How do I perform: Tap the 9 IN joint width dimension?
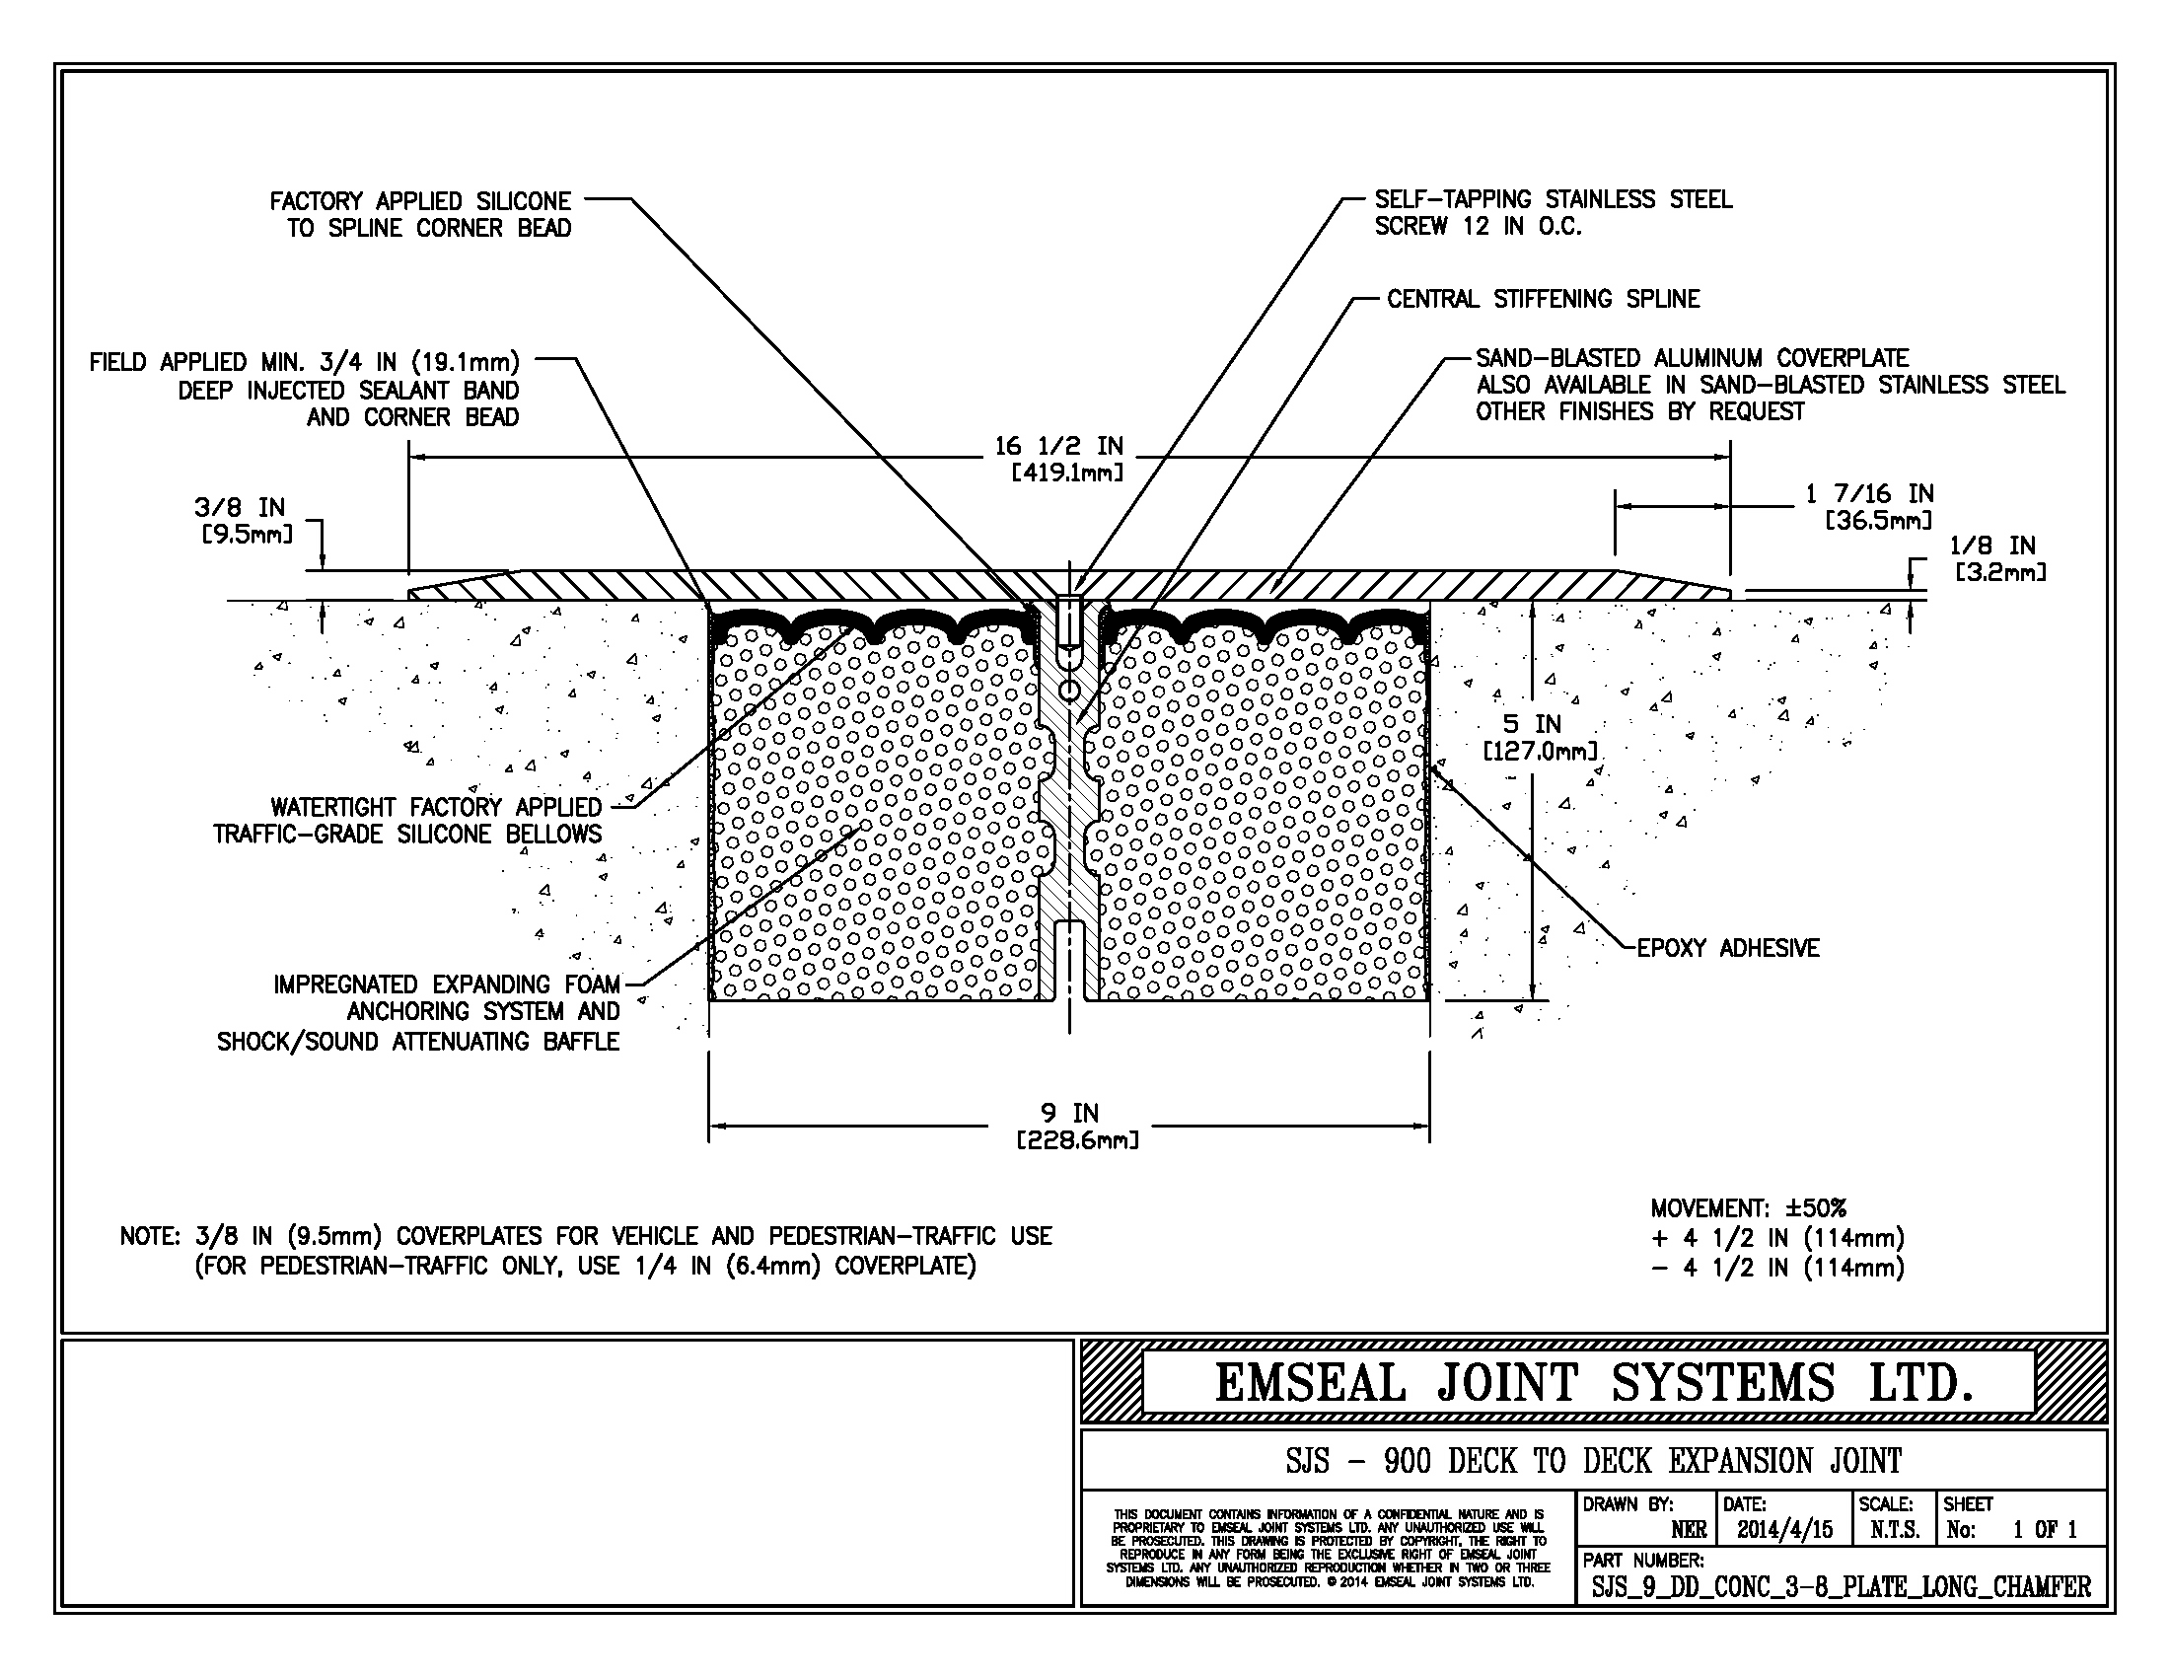1069,1114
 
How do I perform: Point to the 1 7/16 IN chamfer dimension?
1869,495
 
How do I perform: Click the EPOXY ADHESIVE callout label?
1728,948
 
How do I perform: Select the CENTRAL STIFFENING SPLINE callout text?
1543,299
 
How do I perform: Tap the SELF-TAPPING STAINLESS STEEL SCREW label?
1553,213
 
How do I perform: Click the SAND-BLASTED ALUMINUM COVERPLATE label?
1691,359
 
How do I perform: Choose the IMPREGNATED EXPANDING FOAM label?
446,984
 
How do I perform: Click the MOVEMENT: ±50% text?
1748,1209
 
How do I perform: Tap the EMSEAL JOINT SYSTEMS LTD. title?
1592,1383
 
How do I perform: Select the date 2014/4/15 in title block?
1784,1530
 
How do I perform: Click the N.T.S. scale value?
1894,1530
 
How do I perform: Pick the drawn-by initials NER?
1688,1530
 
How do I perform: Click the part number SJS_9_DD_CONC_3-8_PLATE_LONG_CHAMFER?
1841,1586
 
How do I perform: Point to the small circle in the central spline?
1069,690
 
